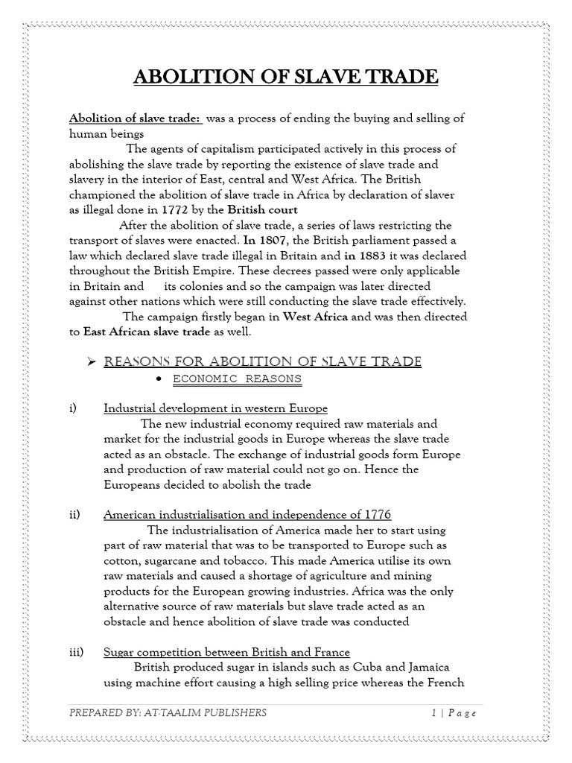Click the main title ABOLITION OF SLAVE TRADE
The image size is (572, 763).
(285, 77)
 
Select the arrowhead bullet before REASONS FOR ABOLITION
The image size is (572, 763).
(92, 362)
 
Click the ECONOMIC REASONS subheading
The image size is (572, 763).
(237, 379)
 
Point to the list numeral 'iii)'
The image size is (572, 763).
(75, 652)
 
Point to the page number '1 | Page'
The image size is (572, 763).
(454, 713)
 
